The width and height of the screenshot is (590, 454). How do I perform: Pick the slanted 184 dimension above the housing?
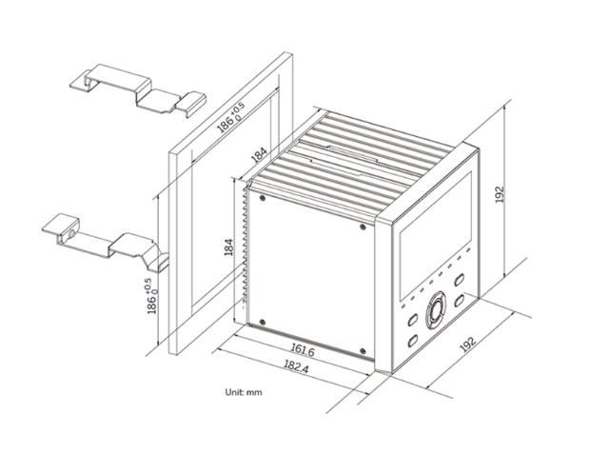pos(257,155)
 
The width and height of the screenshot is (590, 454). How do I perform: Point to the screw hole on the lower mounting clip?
pos(68,229)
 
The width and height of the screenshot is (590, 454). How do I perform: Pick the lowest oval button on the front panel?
pos(414,341)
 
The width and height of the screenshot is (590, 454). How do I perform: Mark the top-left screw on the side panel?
pos(259,197)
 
